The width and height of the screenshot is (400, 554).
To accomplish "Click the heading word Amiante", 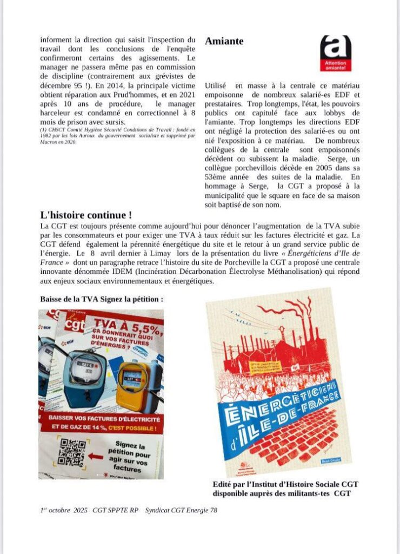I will click(224, 41).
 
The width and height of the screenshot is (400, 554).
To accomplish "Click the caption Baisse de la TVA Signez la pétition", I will click(101, 299).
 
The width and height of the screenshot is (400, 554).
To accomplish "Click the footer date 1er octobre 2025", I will click(64, 510).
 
